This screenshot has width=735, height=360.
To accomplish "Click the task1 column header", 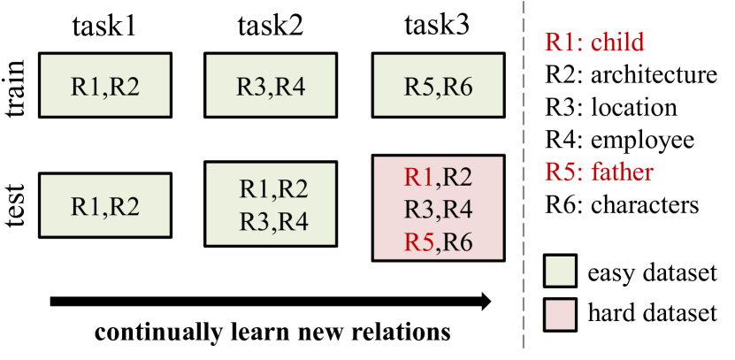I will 103,24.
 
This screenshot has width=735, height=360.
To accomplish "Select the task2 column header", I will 270,24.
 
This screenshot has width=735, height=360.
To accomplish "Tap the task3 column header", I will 438,24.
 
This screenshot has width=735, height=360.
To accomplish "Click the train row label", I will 17,86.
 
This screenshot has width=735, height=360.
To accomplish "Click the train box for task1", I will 104,87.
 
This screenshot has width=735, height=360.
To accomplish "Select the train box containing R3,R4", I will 271,87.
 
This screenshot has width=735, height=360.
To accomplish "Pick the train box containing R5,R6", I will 439,87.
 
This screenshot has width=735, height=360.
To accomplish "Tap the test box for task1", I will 104,205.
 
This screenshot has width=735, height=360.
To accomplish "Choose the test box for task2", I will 271,205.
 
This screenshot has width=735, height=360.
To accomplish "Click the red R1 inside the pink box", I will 418,177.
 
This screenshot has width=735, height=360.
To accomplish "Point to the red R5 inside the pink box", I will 418,241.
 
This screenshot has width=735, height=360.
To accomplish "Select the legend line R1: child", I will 593,42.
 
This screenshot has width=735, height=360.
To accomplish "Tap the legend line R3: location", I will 611,107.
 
